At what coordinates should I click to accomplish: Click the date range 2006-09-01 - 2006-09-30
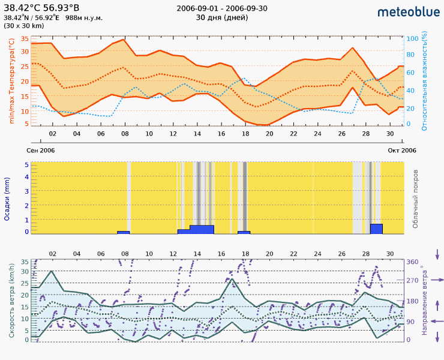point(222,8)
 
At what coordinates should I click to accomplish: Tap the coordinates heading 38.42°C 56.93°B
point(41,8)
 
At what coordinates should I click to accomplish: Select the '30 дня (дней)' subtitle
point(222,17)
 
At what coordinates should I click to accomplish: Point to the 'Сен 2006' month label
point(41,150)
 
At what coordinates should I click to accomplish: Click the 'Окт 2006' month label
point(402,150)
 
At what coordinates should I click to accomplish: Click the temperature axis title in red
point(11,81)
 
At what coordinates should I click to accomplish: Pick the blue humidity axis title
point(424,81)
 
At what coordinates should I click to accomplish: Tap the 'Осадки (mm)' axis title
point(8,199)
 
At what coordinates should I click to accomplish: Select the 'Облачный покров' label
point(416,199)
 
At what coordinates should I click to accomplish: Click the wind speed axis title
point(11,300)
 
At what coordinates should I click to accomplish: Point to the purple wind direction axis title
point(424,300)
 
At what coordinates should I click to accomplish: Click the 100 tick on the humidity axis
point(412,38)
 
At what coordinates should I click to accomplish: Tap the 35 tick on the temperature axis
point(25,38)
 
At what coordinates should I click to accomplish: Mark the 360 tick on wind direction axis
point(412,262)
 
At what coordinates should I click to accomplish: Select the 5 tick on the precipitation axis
point(26,164)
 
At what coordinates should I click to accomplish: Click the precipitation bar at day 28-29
point(376,229)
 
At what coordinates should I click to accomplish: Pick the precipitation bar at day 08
point(123,232)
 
